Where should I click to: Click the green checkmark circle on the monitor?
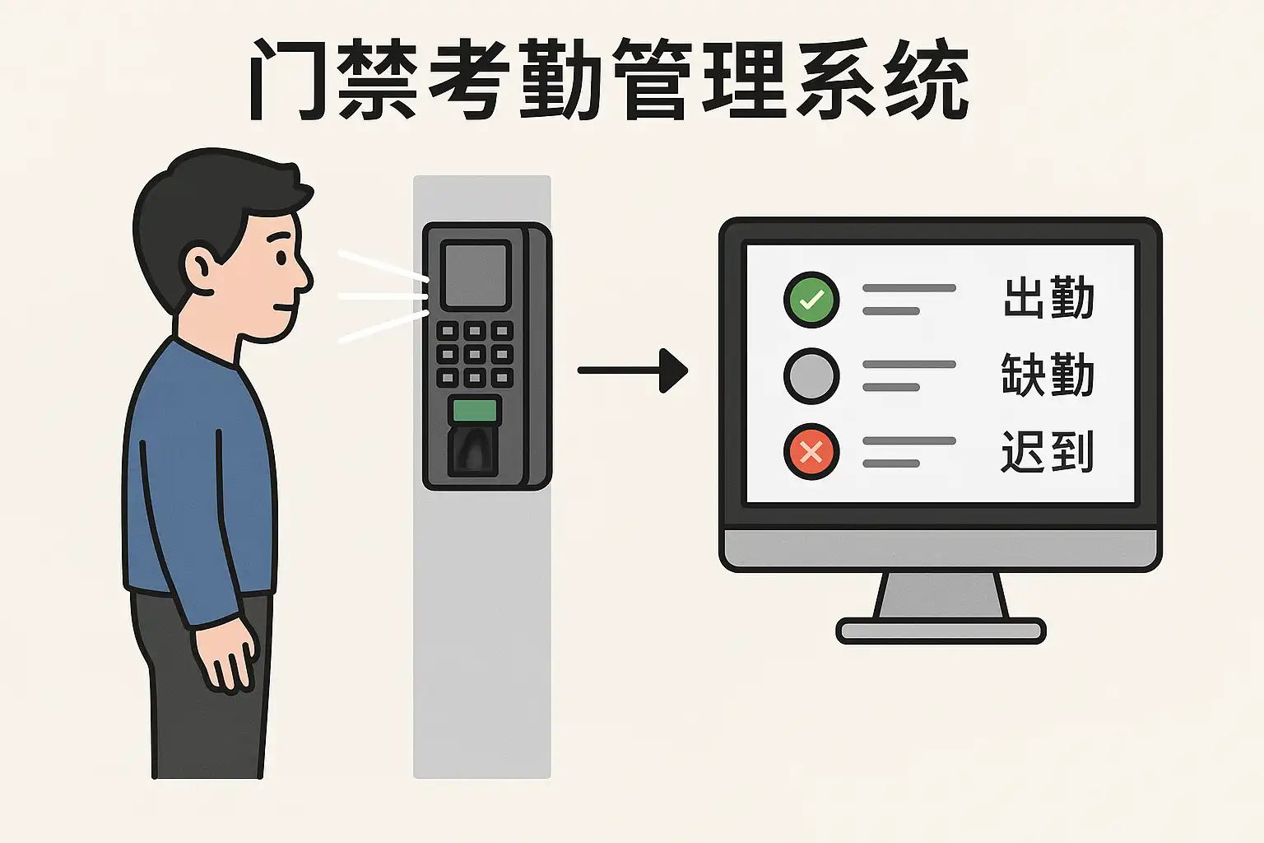[x=811, y=300]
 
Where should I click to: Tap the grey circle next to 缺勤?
[x=811, y=376]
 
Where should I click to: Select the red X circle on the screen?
[x=811, y=452]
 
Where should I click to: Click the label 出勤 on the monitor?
[x=1049, y=297]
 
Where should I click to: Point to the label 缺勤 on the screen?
[x=1048, y=374]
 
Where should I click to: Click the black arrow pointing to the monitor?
[x=633, y=370]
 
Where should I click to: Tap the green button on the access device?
[x=475, y=411]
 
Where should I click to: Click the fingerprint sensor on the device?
[x=473, y=450]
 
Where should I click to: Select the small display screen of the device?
[x=476, y=275]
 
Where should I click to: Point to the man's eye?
[x=281, y=258]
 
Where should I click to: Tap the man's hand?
[x=225, y=654]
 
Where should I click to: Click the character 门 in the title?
[x=287, y=80]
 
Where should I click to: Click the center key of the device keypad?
[x=475, y=355]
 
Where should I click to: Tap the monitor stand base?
[x=941, y=631]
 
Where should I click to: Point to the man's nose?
[x=305, y=277]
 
